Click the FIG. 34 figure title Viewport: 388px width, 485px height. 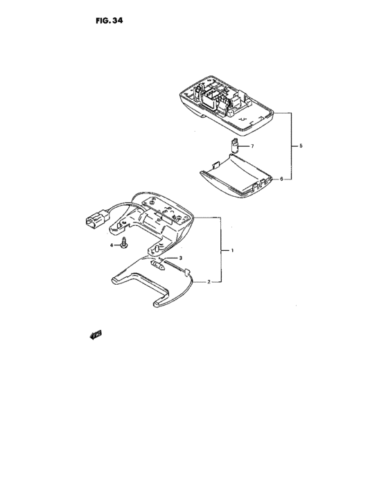click(109, 21)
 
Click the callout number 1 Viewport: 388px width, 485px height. click(232, 250)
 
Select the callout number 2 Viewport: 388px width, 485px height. click(209, 282)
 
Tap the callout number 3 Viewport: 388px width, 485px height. click(180, 258)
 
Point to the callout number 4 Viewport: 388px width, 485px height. click(112, 245)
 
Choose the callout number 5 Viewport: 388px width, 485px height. click(301, 145)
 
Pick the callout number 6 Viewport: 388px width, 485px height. click(281, 179)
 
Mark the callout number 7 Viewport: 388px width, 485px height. click(252, 146)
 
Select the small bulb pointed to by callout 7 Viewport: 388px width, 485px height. click(236, 145)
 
